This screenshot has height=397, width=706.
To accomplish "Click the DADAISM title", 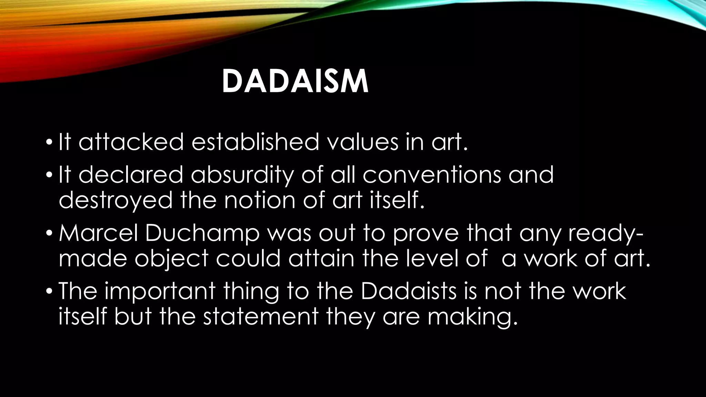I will pos(295,82).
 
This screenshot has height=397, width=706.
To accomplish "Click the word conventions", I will pos(431,174).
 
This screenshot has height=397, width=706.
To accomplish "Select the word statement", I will pos(260,316).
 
